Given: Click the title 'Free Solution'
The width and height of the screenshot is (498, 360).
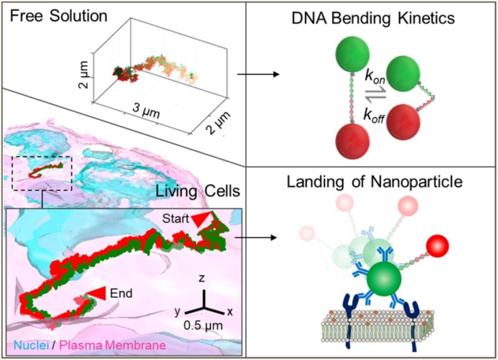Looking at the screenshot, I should coord(58,16).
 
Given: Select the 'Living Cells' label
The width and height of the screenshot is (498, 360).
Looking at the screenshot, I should coord(198,191).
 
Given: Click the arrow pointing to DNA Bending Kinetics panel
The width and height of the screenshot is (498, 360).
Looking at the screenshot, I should coord(258,74).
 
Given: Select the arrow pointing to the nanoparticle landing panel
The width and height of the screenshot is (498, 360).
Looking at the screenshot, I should coord(258,238).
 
